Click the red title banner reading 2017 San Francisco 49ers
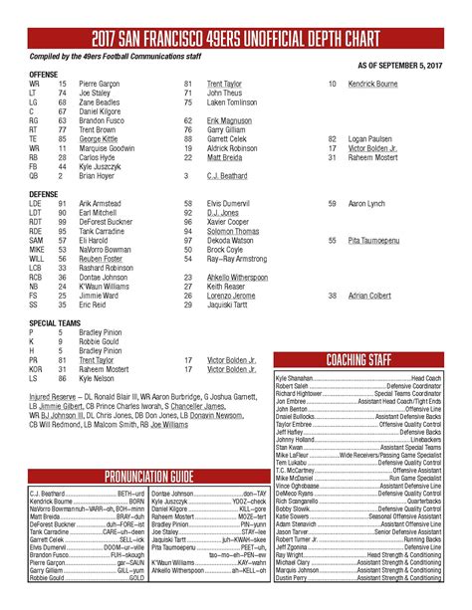tap(236, 39)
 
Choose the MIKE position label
tap(37, 250)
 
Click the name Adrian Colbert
tap(370, 296)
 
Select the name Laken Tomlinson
tap(233, 102)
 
